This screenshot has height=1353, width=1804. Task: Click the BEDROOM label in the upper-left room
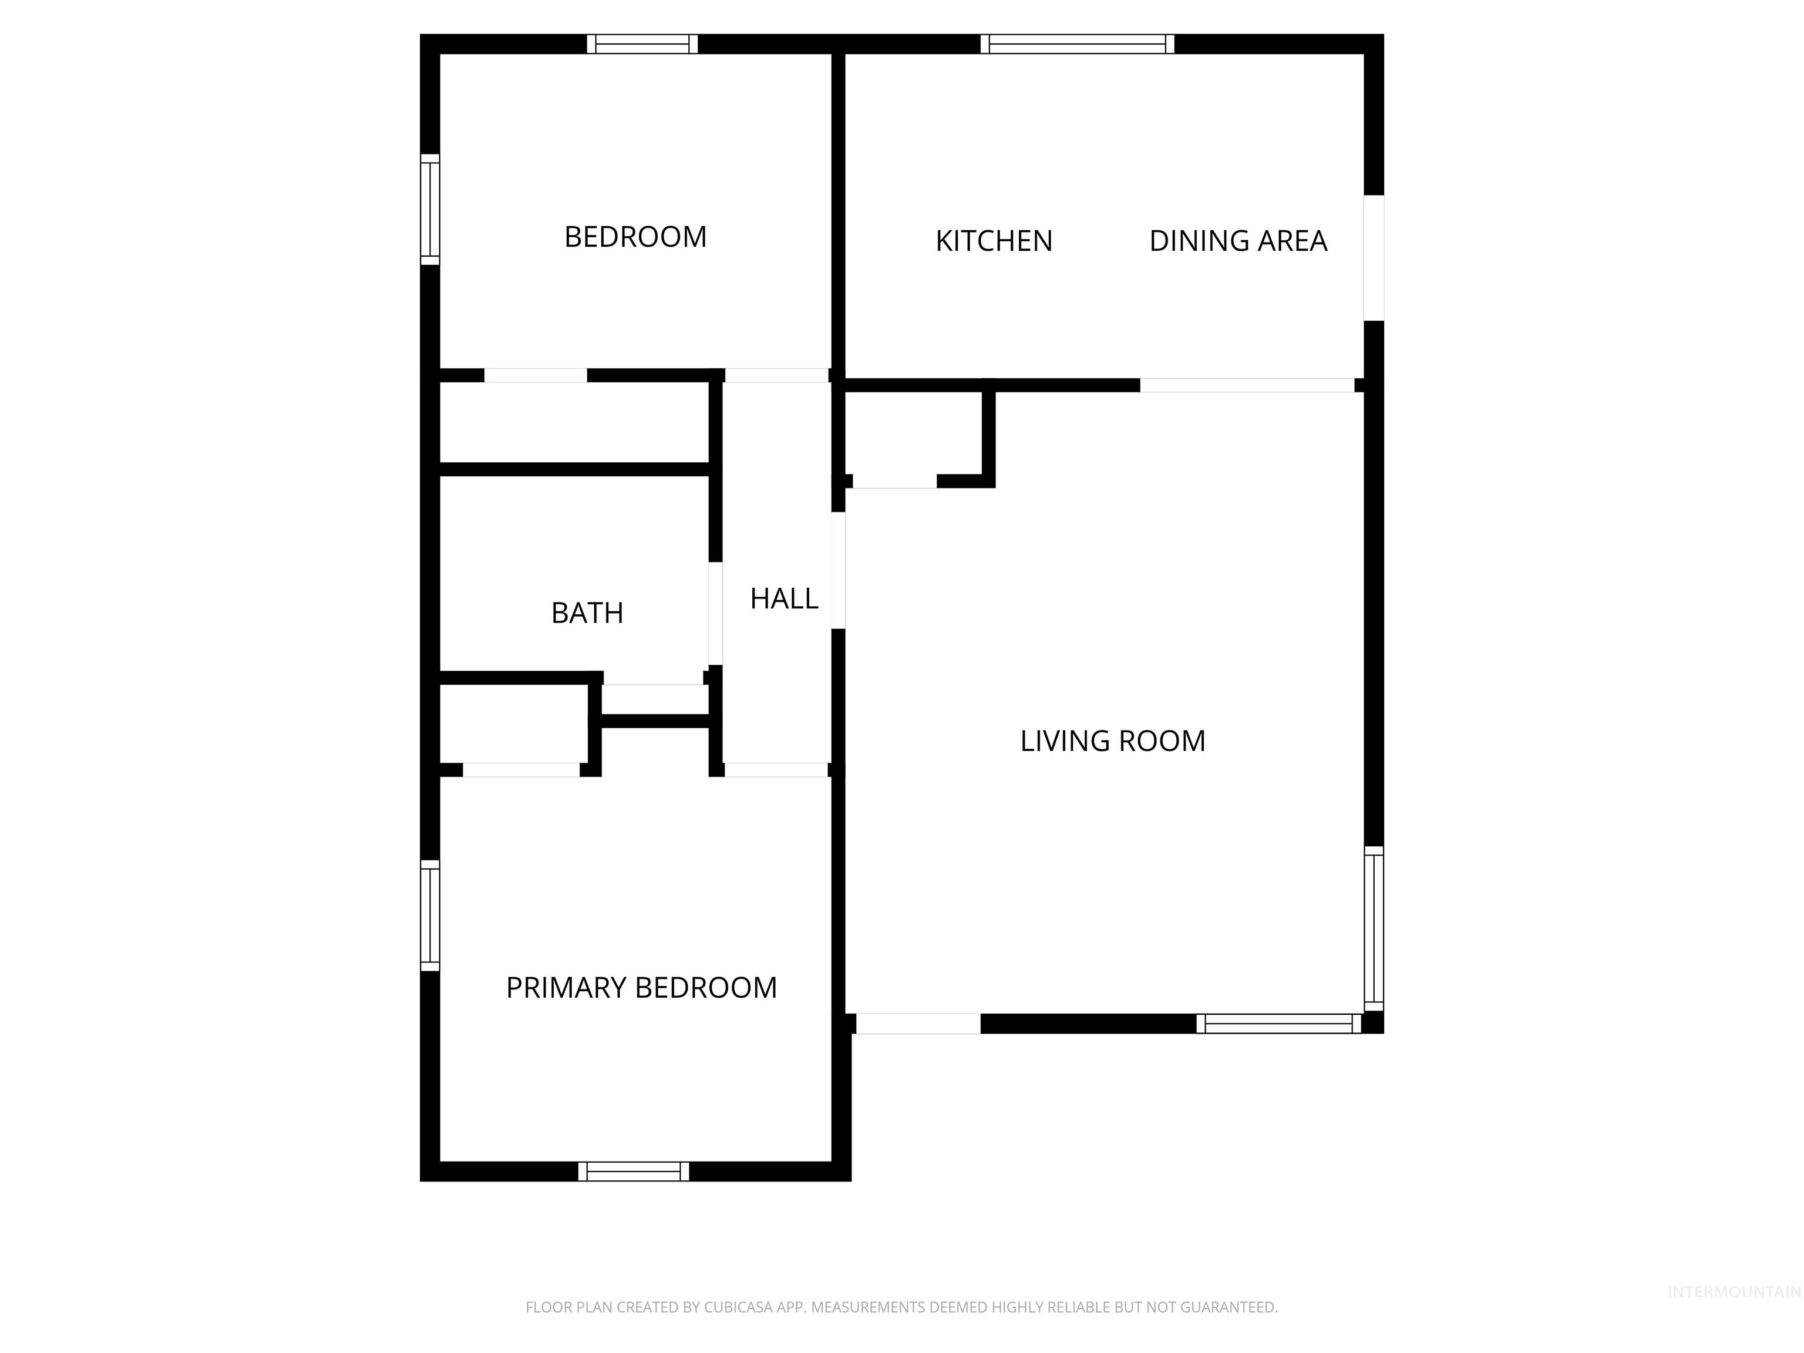(x=635, y=237)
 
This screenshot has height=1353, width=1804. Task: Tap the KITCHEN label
(x=994, y=241)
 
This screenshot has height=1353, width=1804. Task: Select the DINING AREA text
(x=1237, y=241)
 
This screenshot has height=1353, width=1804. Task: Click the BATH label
(x=587, y=613)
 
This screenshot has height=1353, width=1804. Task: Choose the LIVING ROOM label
(x=1112, y=741)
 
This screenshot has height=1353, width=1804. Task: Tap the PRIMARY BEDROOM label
(x=641, y=988)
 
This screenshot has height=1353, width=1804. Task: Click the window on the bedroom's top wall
(x=642, y=44)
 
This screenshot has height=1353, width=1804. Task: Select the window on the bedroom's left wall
(x=430, y=210)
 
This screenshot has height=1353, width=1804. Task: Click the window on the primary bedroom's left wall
(x=430, y=915)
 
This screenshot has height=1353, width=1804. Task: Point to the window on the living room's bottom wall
(x=1278, y=1024)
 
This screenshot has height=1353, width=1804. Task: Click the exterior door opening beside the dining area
(x=1374, y=258)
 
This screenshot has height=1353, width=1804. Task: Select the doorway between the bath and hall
(x=715, y=613)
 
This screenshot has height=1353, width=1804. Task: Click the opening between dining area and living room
(x=1246, y=385)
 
